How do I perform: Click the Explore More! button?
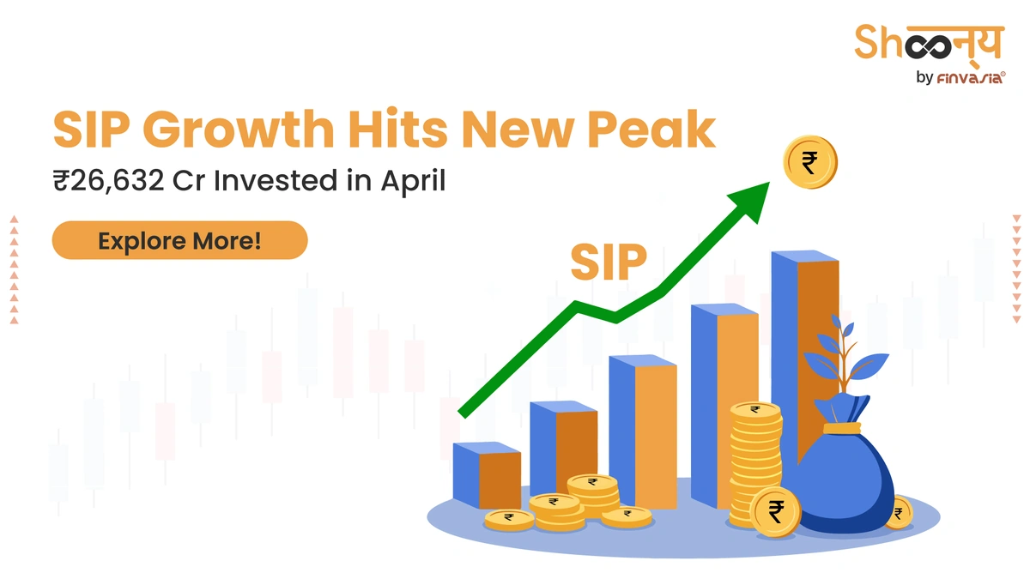point(179,240)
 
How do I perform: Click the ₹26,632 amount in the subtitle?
point(106,183)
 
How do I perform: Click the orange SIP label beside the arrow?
point(608,263)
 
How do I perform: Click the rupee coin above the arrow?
point(809,164)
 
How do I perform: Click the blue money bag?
point(845,480)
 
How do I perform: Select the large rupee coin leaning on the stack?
point(776,513)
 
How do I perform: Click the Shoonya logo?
point(928,43)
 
